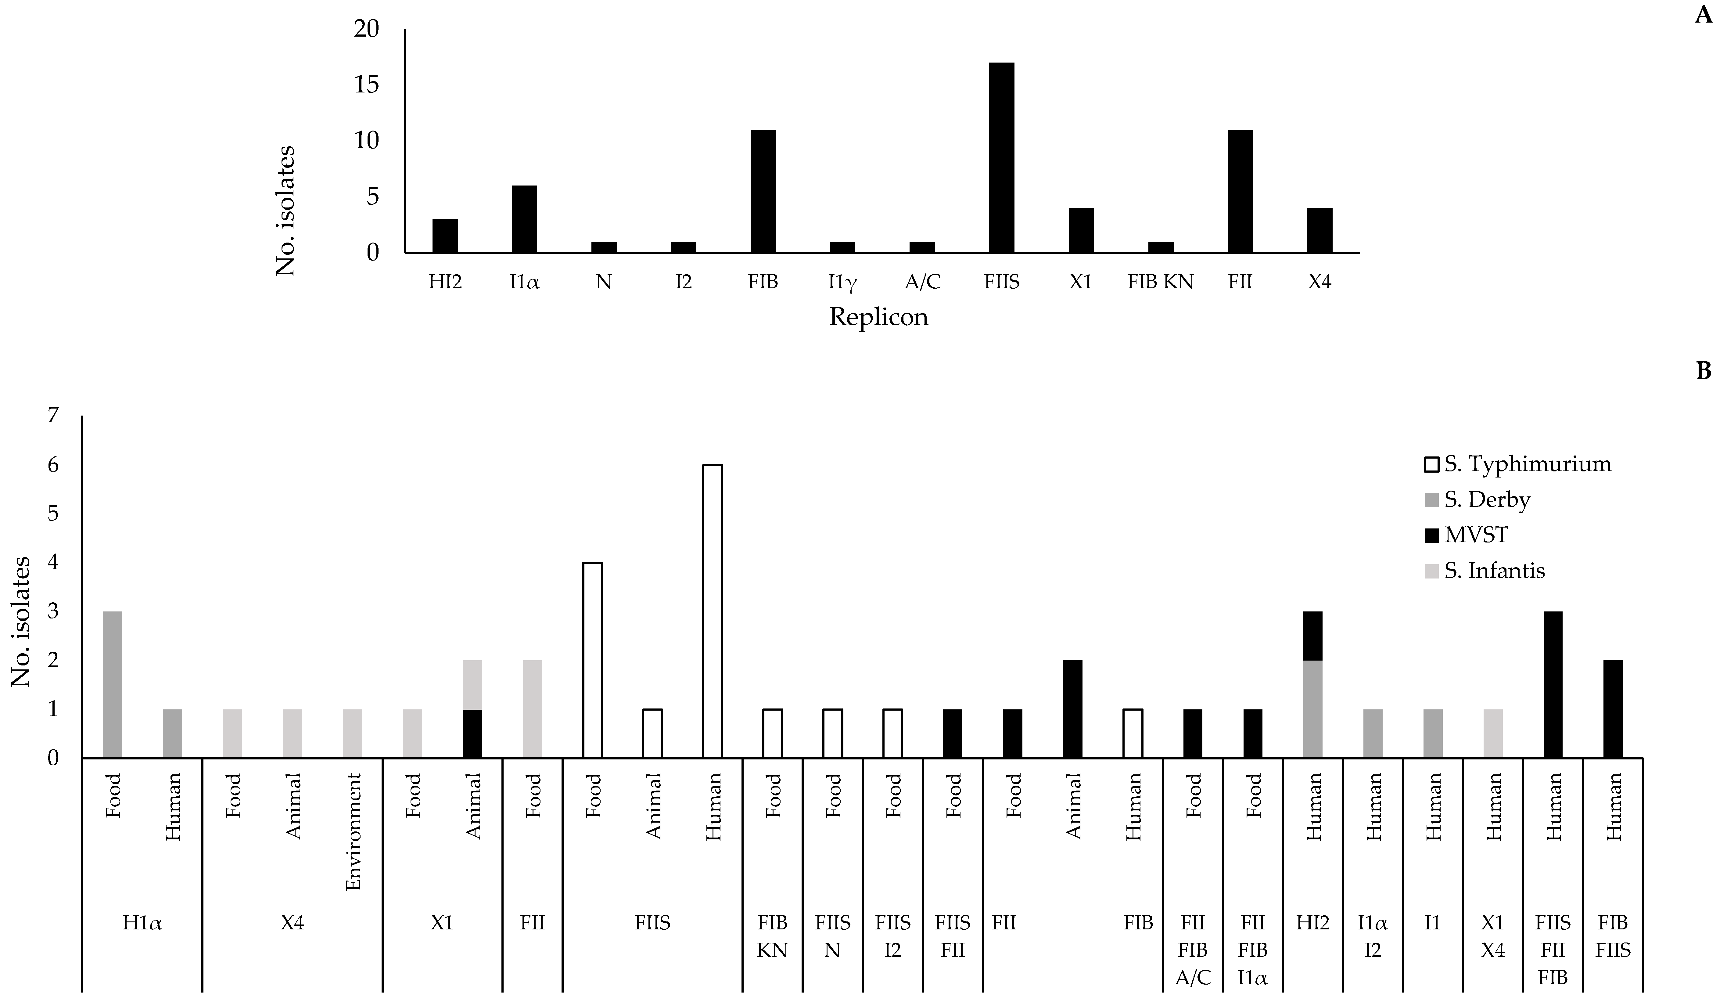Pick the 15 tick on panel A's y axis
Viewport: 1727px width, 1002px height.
click(367, 85)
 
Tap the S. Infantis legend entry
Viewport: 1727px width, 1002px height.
click(1494, 570)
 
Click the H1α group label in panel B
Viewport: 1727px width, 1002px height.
click(142, 923)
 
